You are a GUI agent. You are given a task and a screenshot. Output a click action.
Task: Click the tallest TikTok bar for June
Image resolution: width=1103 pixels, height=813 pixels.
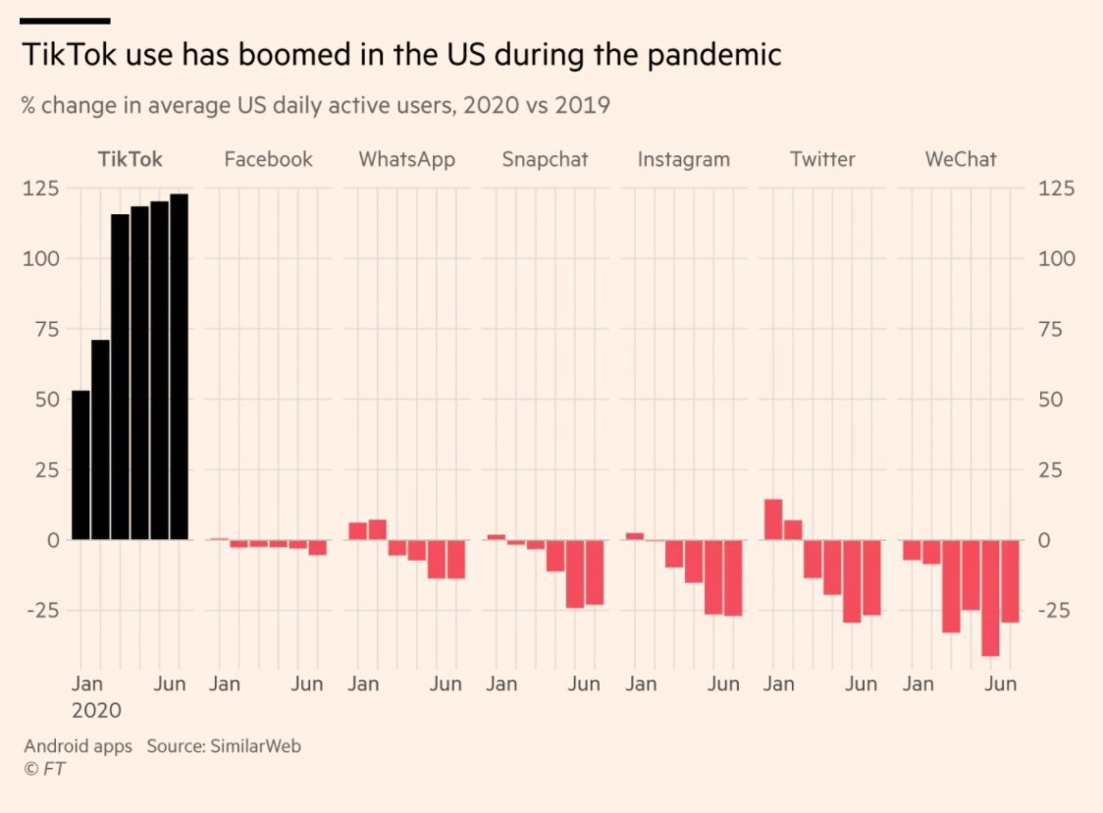click(x=179, y=366)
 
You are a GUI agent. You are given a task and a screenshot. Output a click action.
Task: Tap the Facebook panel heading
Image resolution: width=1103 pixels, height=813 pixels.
click(x=268, y=159)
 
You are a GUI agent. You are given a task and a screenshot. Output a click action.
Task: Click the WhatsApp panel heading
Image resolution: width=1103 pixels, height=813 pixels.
click(x=406, y=159)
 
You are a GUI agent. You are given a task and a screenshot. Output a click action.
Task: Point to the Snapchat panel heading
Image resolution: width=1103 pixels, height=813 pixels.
click(x=545, y=159)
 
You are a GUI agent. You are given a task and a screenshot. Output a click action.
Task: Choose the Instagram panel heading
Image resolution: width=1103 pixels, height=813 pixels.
click(x=683, y=159)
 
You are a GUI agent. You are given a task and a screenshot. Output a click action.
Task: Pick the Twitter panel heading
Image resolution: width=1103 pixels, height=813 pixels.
click(x=822, y=159)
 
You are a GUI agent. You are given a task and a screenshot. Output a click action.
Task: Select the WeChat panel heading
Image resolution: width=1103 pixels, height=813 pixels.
click(x=961, y=159)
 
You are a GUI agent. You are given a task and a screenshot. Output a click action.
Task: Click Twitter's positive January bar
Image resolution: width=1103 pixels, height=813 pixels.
click(x=773, y=519)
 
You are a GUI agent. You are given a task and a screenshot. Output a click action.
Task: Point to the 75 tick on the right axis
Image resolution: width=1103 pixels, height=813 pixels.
click(x=1056, y=329)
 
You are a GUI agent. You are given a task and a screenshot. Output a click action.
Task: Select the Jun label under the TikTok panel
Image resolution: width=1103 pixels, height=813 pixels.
click(x=170, y=684)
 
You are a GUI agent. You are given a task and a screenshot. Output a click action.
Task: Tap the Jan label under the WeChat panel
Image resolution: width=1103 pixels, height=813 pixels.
click(x=919, y=684)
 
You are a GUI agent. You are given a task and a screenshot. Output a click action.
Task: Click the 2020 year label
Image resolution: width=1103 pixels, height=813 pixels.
click(x=96, y=710)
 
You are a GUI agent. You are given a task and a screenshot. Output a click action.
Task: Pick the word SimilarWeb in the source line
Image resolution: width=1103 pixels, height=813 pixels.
click(x=254, y=746)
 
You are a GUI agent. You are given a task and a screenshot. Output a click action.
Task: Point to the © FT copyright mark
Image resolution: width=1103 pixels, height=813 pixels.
click(x=44, y=769)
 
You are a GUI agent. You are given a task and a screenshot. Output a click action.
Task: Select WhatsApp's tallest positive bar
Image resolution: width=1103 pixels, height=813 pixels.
click(x=377, y=529)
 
